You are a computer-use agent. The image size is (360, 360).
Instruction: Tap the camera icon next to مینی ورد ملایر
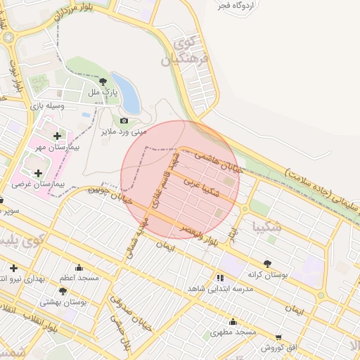pos(124,121)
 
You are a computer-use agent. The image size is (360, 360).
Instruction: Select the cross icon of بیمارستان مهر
pos(57,135)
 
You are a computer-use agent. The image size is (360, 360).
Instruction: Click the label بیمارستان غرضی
pos(39,184)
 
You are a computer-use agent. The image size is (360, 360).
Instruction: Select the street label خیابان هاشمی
pos(218,161)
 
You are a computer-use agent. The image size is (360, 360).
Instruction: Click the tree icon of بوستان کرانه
pos(267,264)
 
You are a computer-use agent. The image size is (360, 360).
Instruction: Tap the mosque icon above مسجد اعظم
pos(78,267)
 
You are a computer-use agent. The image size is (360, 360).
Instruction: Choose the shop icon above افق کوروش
pos(279,337)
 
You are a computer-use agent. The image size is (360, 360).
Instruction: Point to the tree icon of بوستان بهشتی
pos(63,291)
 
